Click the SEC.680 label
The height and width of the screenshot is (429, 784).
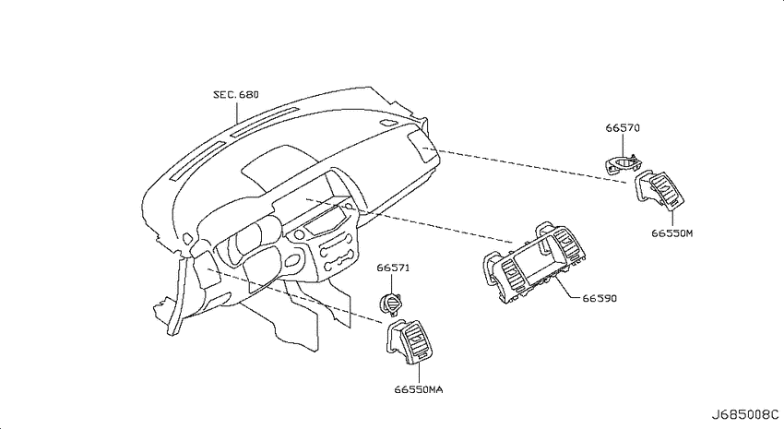pos(236,94)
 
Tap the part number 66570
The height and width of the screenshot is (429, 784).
pos(623,128)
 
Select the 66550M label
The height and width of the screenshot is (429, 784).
pos(672,233)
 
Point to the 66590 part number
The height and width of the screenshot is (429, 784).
pos(600,299)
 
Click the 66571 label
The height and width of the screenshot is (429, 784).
pos(393,268)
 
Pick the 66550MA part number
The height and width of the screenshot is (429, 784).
pos(419,389)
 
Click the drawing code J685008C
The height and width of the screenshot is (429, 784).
pos(745,414)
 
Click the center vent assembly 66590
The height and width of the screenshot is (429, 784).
pos(534,263)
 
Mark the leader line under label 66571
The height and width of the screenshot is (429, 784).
pos(390,283)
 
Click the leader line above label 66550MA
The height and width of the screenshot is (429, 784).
pos(419,373)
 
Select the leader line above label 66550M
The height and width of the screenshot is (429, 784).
pos(672,218)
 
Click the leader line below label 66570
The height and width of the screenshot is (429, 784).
pos(624,146)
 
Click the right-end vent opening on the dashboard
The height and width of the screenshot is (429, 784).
pos(419,147)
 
